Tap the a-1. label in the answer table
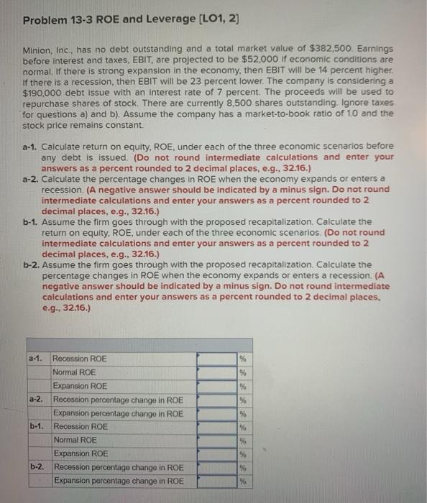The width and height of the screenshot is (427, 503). tap(37, 358)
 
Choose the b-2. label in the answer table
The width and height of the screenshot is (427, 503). tap(37, 467)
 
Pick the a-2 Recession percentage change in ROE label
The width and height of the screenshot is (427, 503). tap(118, 400)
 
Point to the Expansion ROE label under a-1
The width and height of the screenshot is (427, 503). tap(81, 386)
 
